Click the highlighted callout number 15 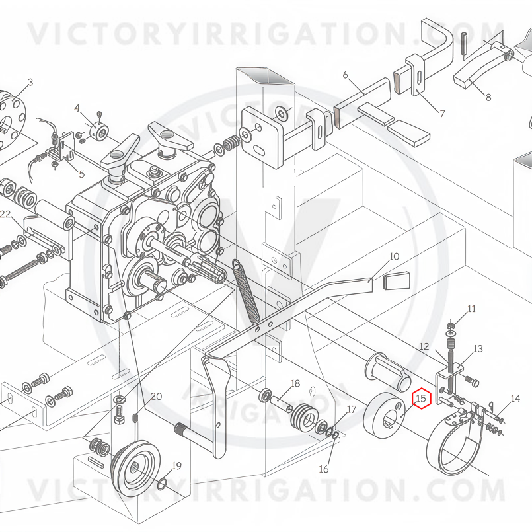point(421,398)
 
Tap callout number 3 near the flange point(30,82)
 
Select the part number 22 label point(5,214)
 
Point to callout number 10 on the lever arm point(395,256)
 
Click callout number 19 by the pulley point(176,466)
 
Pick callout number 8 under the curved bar point(488,97)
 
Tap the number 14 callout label point(515,399)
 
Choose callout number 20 point(156,397)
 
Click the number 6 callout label point(346,75)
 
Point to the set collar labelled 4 point(98,130)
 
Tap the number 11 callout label point(472,309)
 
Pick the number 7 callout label point(442,113)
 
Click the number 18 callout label point(295,383)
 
